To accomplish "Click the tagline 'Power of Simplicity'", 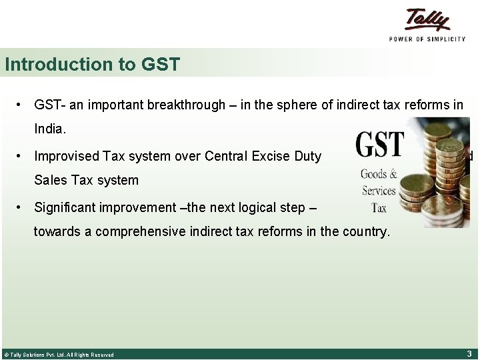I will click(x=427, y=39).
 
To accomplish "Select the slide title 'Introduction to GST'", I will click(x=92, y=65).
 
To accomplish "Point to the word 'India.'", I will click(x=51, y=129).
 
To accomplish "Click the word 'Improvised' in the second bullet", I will click(x=67, y=157).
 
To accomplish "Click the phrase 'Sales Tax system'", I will click(x=87, y=180).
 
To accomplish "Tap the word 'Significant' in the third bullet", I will click(x=64, y=207).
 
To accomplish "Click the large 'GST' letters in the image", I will click(x=380, y=145).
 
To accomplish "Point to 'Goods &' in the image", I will click(x=379, y=175).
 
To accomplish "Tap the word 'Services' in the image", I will click(x=379, y=191).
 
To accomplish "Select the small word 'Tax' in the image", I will click(x=379, y=207).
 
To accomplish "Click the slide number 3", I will click(x=469, y=353).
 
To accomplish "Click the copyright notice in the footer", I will click(x=59, y=355).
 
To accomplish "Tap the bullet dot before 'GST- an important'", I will click(x=22, y=105).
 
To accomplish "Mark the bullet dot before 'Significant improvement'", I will click(x=22, y=207).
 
